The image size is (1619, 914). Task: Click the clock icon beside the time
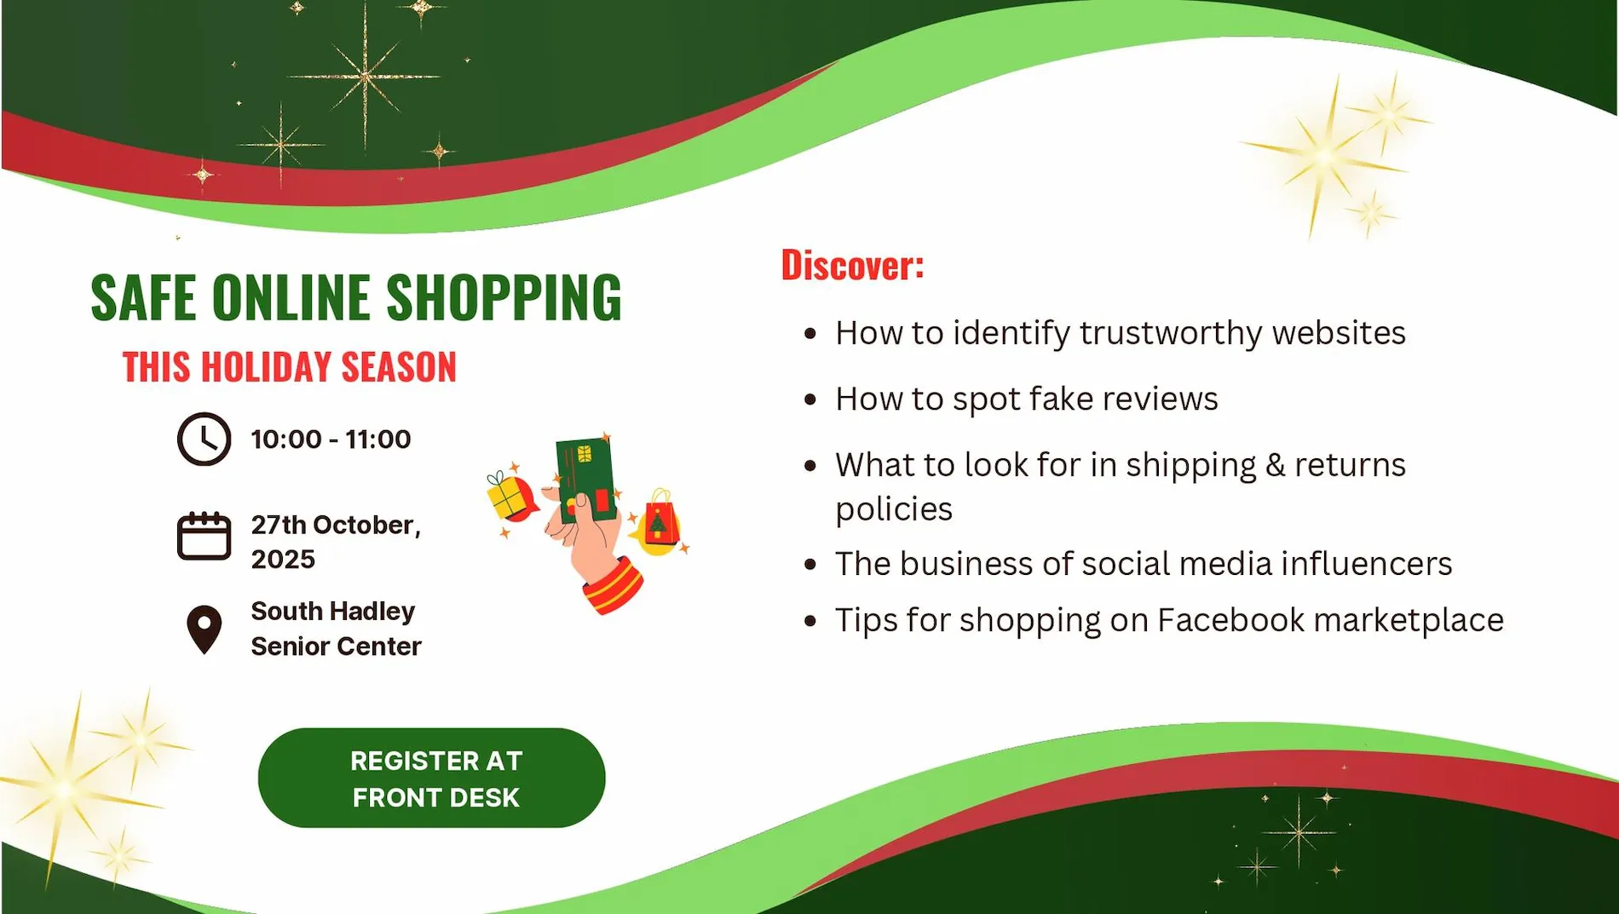204,440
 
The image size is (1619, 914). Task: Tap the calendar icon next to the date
204,536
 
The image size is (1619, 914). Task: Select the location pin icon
205,629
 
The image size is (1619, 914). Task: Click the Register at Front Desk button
432,778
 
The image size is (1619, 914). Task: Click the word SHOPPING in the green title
504,298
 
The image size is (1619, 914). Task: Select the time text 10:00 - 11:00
331,440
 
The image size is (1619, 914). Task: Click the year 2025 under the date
283,560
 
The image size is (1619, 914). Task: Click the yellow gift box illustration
508,496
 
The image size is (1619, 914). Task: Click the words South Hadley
332,612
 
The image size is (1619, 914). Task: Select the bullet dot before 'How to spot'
810,400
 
